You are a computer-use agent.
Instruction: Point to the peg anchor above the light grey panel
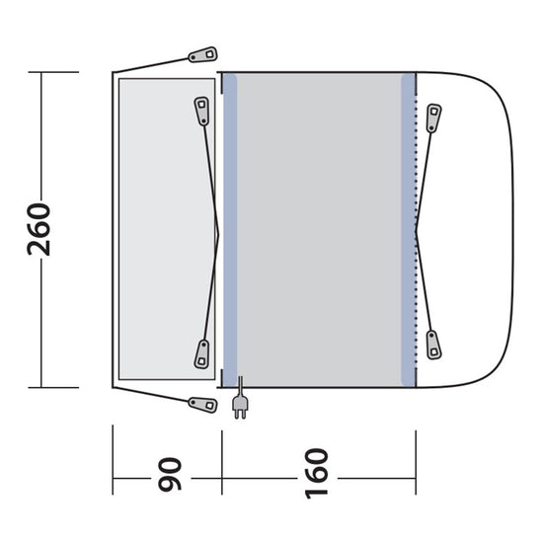pos(202,55)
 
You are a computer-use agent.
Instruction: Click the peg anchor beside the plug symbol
pos(203,404)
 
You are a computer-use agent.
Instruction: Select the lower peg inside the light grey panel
pos(201,352)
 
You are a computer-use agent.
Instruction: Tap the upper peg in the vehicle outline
pos(433,116)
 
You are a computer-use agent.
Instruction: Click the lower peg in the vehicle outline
pos(433,347)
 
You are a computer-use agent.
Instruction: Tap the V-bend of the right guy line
pos(418,230)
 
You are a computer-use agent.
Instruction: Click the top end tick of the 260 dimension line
pos(40,72)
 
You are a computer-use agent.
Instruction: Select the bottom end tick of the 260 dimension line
pos(40,387)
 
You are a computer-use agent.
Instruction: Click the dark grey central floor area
pos(318,229)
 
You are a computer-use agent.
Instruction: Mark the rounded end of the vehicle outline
pos(514,229)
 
